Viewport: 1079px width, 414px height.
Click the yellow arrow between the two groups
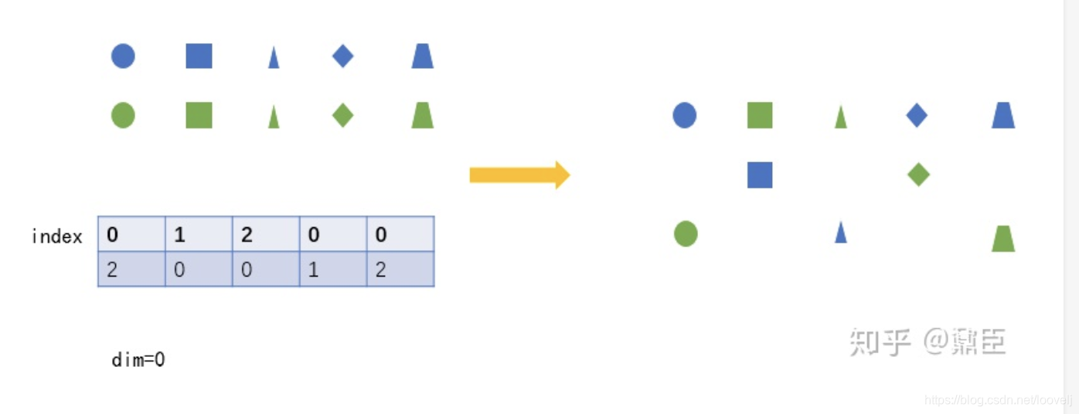pos(519,175)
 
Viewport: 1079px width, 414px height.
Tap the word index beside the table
pos(57,236)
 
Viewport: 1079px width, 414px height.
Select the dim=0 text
pos(138,360)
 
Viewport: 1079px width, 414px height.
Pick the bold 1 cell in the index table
pos(199,235)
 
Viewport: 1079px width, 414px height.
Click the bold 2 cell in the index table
pos(266,235)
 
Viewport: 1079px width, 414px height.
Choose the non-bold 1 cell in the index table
pos(333,270)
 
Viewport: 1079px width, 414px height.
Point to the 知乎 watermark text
pos(880,341)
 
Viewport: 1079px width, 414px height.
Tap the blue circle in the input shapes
pos(123,56)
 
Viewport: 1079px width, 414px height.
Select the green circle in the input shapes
pos(123,116)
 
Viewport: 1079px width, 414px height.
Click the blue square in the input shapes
pos(199,56)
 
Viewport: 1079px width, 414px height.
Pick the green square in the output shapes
pos(760,116)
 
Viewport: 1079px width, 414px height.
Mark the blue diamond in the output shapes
pos(917,116)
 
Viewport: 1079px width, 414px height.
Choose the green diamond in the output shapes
pos(918,175)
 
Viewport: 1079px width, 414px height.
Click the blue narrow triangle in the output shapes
pos(841,232)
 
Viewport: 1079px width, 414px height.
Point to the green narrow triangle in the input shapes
pos(274,117)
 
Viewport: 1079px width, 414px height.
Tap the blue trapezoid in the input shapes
pos(422,56)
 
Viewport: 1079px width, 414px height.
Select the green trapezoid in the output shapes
pos(1003,238)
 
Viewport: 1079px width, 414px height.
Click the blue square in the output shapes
pos(760,175)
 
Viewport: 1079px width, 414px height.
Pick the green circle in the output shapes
pos(686,233)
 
